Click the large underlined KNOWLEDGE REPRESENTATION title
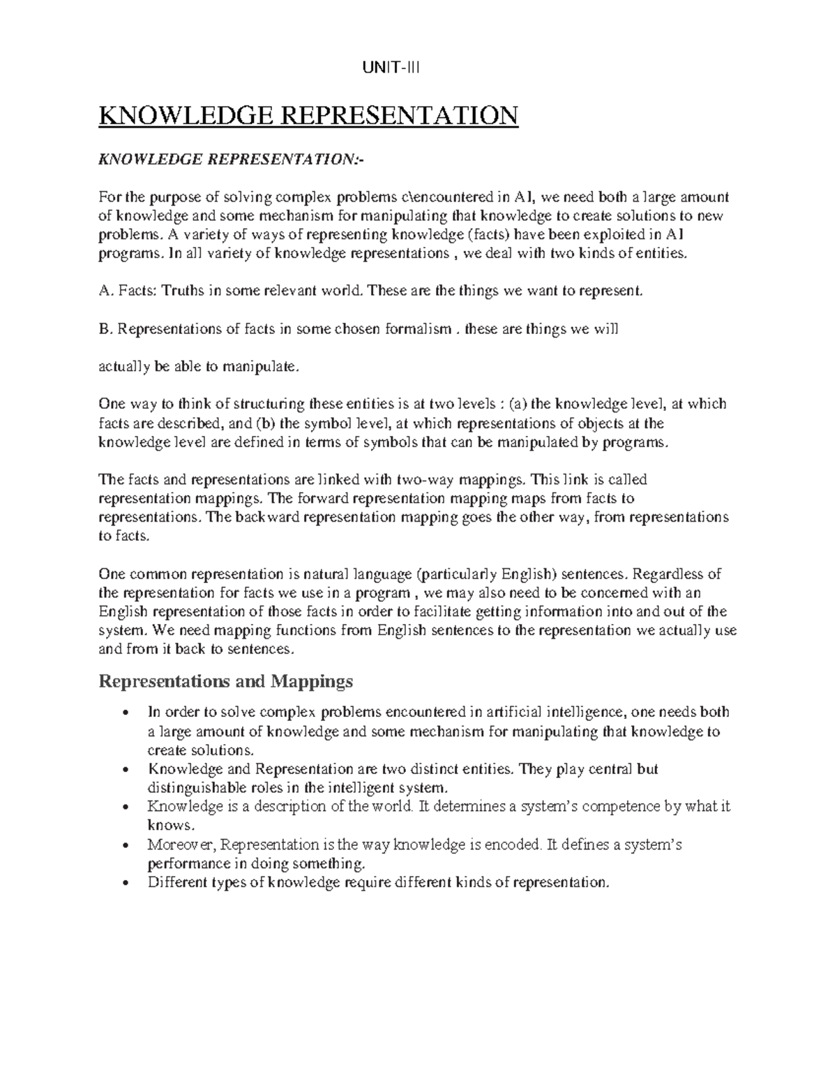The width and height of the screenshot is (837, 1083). click(309, 115)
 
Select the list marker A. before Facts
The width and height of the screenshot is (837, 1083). click(105, 291)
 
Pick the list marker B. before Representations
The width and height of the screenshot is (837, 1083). click(105, 330)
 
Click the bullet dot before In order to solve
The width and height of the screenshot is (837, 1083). click(125, 713)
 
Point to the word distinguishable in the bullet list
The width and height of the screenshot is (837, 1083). click(195, 788)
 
